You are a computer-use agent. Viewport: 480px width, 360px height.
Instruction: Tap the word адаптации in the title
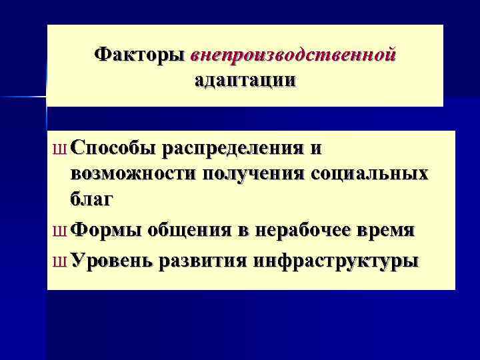245,81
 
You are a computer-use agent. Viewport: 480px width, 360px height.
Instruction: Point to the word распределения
235,148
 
